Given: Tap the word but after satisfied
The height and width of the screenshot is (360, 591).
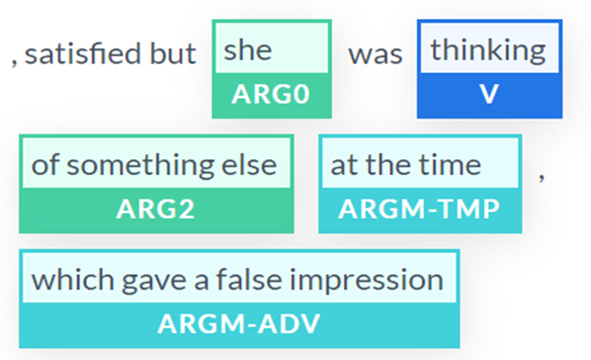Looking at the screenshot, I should pyautogui.click(x=173, y=54).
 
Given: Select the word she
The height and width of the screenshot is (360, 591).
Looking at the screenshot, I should pyautogui.click(x=247, y=49).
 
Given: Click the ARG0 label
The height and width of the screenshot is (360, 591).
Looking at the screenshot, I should pyautogui.click(x=271, y=95).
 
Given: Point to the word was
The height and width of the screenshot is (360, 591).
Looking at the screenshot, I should pyautogui.click(x=375, y=54).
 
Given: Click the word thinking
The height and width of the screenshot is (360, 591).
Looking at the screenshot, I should pyautogui.click(x=487, y=49).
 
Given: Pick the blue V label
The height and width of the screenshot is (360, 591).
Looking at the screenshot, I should pyautogui.click(x=487, y=95).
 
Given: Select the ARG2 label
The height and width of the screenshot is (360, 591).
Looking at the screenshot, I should pyautogui.click(x=156, y=209).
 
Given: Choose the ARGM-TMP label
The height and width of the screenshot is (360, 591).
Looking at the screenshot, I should pyautogui.click(x=418, y=209).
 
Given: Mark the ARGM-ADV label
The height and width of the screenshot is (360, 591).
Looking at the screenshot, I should pyautogui.click(x=238, y=323).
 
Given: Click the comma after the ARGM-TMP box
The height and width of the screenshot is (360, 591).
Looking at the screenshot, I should pyautogui.click(x=541, y=178).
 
